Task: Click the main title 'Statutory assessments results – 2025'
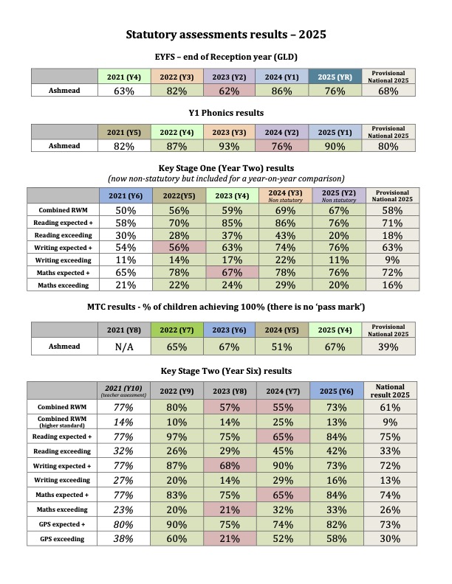click(x=226, y=34)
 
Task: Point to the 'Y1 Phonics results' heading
click(x=226, y=114)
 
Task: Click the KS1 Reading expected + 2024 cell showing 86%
click(x=276, y=222)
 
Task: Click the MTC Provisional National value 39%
click(x=388, y=347)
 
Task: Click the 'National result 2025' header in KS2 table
click(x=388, y=390)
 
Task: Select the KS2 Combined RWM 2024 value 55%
click(x=276, y=406)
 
